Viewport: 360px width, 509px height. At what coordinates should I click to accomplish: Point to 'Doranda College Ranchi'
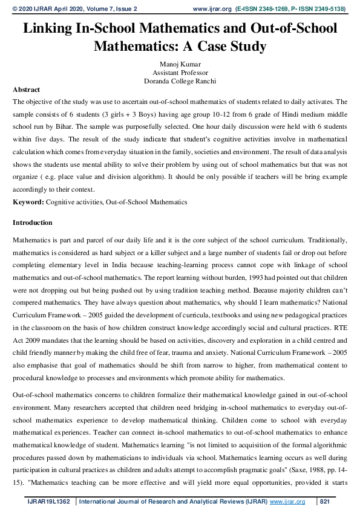[180, 80]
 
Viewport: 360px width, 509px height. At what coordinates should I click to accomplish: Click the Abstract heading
[26, 89]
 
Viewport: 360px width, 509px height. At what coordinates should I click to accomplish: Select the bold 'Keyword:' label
[28, 201]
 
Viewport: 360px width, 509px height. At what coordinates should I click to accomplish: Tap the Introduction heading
[33, 223]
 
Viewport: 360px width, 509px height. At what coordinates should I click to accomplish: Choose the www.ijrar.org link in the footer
[287, 502]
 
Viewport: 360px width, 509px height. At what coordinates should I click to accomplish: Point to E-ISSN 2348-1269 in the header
[261, 9]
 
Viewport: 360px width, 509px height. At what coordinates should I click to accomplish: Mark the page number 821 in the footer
[325, 502]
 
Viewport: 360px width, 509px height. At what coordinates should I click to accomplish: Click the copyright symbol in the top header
[16, 9]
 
